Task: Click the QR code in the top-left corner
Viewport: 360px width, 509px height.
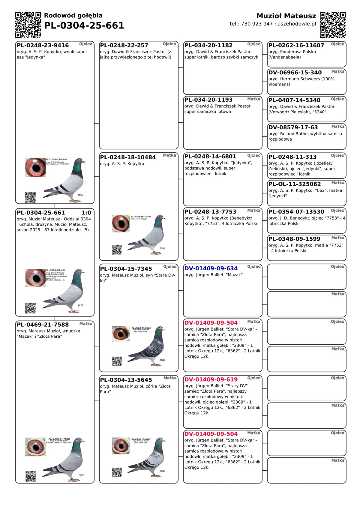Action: (x=28, y=25)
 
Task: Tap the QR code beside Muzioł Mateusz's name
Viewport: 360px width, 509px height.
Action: (x=333, y=25)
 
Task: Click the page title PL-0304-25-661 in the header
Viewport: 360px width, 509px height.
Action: (x=84, y=25)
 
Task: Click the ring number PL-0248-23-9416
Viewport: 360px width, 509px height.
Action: (x=43, y=45)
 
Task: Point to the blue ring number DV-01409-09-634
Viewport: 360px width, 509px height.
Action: (x=211, y=268)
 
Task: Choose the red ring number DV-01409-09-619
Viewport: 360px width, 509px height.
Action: (x=211, y=379)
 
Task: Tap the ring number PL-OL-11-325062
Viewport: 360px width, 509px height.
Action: (x=295, y=184)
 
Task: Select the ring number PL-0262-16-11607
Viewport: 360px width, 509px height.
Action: (x=296, y=45)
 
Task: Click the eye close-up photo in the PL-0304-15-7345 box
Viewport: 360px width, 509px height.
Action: (x=121, y=334)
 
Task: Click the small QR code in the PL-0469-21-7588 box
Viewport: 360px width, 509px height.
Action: (x=31, y=476)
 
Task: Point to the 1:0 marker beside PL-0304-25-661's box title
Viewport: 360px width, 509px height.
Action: (x=86, y=213)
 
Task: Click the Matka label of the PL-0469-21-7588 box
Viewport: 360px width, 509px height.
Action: (x=86, y=324)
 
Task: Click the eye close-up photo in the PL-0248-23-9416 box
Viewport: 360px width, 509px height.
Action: (x=35, y=167)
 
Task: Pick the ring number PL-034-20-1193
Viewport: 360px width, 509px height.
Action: (x=208, y=100)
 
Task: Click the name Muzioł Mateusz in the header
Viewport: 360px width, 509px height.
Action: (x=286, y=16)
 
